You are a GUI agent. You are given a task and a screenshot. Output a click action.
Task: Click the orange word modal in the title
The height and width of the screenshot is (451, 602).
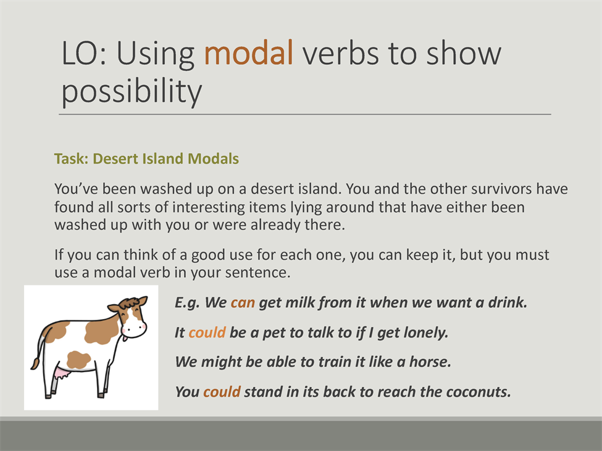coord(249,52)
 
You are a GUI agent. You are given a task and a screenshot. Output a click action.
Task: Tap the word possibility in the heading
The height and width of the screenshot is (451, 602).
coord(132,91)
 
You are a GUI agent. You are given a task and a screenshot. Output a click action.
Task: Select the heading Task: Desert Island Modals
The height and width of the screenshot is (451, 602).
coord(146,159)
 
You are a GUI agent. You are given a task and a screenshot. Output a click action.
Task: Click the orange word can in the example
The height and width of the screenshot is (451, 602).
coord(243,302)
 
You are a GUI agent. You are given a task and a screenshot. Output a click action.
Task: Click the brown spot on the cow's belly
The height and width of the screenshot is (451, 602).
coord(78,360)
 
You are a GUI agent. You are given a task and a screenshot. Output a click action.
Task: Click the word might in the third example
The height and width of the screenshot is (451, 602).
coord(222,362)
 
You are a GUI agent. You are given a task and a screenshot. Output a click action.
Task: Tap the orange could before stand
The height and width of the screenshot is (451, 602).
coord(222,392)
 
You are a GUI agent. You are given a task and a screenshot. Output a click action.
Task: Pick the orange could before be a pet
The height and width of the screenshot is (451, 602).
coord(207,332)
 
